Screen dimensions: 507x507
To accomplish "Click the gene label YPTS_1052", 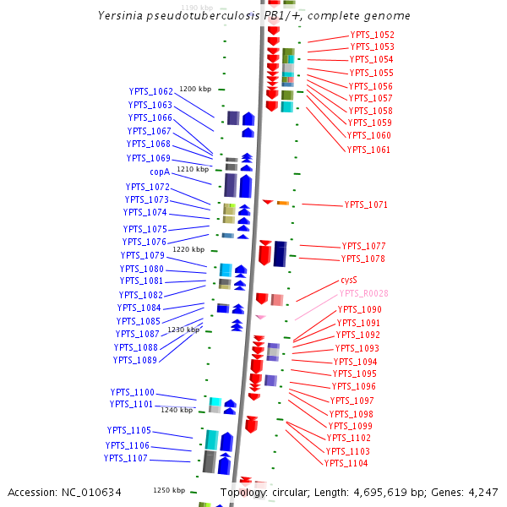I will [372, 35].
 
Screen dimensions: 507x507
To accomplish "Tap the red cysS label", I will [349, 280].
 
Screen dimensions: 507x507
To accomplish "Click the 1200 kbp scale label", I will [194, 89].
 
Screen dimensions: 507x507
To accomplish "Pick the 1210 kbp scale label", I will [192, 170].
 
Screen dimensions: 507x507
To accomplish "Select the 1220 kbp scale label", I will [188, 249].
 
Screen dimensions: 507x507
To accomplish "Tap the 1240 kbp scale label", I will [177, 410].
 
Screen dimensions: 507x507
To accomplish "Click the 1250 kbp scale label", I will [169, 490].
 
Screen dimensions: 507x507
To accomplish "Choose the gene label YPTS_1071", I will [366, 205].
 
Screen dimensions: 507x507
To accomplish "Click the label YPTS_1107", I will [126, 458].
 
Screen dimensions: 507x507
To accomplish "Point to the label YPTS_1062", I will [151, 91].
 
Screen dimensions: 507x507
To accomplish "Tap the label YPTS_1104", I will [346, 463].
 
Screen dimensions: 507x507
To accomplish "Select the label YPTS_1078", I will [363, 259].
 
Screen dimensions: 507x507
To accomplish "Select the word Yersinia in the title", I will [122, 16].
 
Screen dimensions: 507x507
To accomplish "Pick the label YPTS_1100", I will [133, 392].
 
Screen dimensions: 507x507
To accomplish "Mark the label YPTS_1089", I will [135, 360].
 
